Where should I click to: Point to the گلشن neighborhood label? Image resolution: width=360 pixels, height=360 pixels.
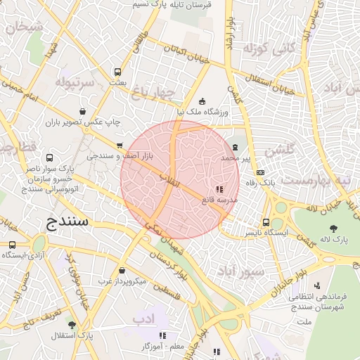pyautogui.click(x=280, y=150)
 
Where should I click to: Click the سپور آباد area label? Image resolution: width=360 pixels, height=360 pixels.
pyautogui.click(x=240, y=271)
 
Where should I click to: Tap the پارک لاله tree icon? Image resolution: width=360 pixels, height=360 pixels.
pyautogui.click(x=333, y=228)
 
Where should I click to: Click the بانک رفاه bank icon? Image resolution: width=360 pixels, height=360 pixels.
pyautogui.click(x=261, y=172)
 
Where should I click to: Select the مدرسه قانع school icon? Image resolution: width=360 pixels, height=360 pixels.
pyautogui.click(x=219, y=189)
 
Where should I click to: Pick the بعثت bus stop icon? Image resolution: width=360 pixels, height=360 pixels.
pyautogui.click(x=117, y=72)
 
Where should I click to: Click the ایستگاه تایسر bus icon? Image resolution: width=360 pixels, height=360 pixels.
pyautogui.click(x=266, y=221)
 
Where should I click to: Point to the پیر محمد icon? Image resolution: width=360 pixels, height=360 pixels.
pyautogui.click(x=235, y=147)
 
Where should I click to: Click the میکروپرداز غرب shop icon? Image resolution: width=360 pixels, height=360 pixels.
pyautogui.click(x=122, y=270)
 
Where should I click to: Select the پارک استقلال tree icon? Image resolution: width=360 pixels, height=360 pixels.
pyautogui.click(x=71, y=325)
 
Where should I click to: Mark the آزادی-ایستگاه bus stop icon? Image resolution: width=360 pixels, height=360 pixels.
pyautogui.click(x=12, y=245)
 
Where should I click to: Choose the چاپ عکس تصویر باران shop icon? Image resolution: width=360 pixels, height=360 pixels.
pyautogui.click(x=84, y=111)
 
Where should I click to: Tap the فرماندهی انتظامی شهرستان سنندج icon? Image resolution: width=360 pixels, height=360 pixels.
pyautogui.click(x=317, y=285)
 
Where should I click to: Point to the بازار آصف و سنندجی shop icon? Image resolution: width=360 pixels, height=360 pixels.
pyautogui.click(x=120, y=146)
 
